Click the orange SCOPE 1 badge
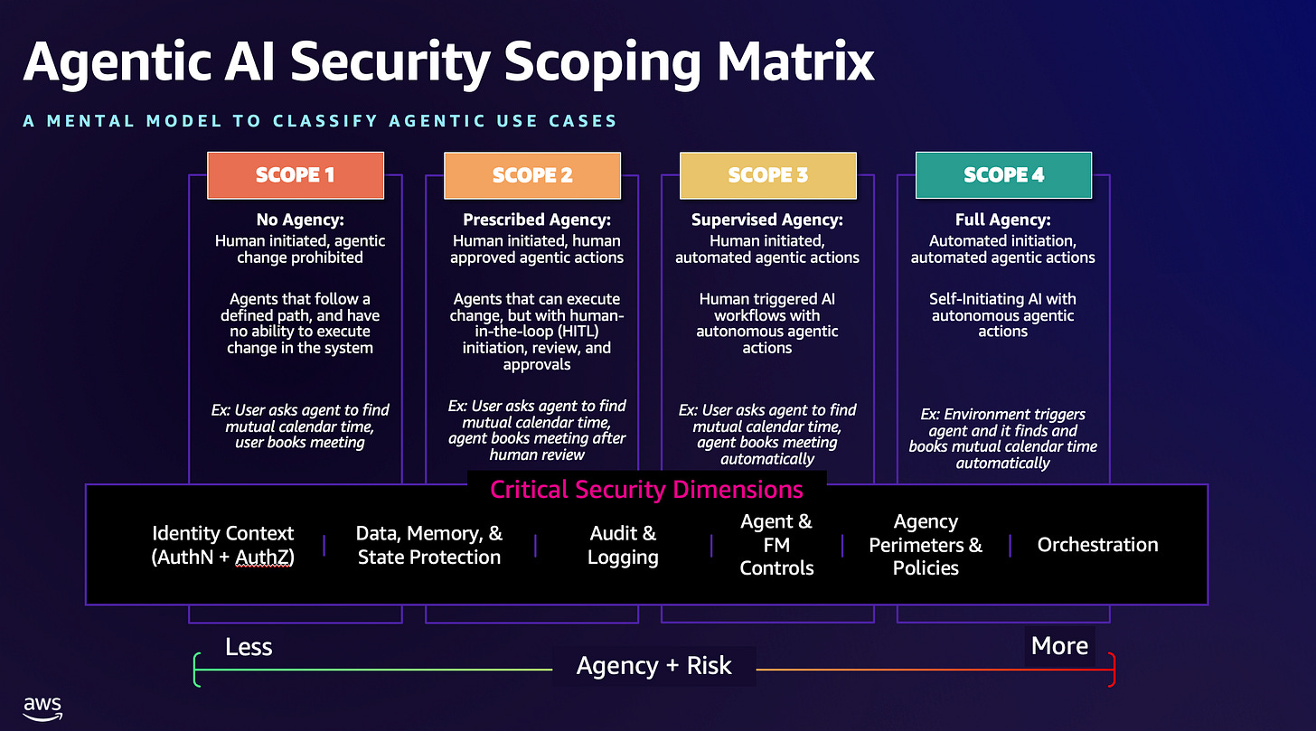[x=296, y=175]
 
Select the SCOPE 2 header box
[x=532, y=175]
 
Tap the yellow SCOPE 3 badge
[x=768, y=175]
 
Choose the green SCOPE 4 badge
[x=1003, y=175]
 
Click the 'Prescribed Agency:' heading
[x=537, y=220]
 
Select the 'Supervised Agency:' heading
[x=767, y=220]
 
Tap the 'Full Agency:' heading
[x=1002, y=220]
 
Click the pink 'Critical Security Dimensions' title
[x=646, y=490]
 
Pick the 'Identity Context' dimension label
[x=223, y=545]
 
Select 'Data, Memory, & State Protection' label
[x=429, y=545]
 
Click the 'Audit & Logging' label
[x=623, y=545]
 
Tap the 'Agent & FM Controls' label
[x=776, y=545]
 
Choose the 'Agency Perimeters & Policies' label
[x=926, y=545]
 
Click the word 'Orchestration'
[x=1097, y=545]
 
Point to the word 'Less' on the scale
[x=249, y=647]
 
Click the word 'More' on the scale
[x=1059, y=646]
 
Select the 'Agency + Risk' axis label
[x=654, y=667]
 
